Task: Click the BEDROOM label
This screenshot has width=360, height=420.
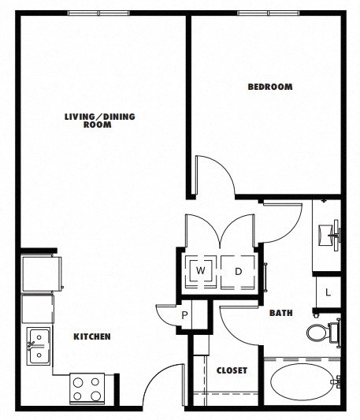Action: pyautogui.click(x=270, y=87)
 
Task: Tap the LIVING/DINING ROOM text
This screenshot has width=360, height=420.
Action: pyautogui.click(x=100, y=121)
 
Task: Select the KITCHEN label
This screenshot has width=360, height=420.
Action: pyautogui.click(x=92, y=336)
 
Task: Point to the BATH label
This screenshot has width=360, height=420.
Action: pyautogui.click(x=281, y=313)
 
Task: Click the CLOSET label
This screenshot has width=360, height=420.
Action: pyautogui.click(x=232, y=370)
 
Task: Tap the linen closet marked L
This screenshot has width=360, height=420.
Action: pyautogui.click(x=328, y=291)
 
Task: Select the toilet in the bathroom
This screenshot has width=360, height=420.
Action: pyautogui.click(x=320, y=332)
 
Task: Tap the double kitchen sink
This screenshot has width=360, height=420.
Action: pyautogui.click(x=36, y=347)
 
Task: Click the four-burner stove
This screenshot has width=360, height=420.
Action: pyautogui.click(x=87, y=387)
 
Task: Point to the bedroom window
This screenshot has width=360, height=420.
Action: pyautogui.click(x=268, y=13)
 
